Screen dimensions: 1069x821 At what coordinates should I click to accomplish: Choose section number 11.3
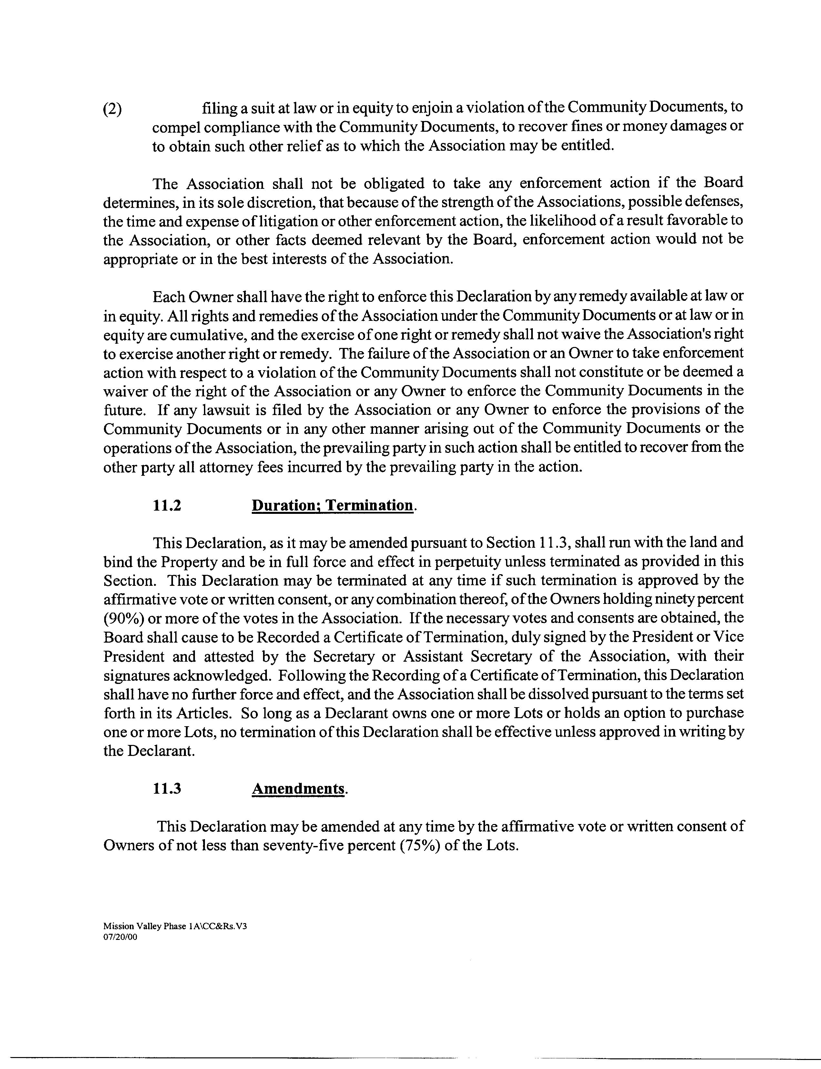point(167,789)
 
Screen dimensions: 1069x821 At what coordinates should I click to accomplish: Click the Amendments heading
point(298,789)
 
